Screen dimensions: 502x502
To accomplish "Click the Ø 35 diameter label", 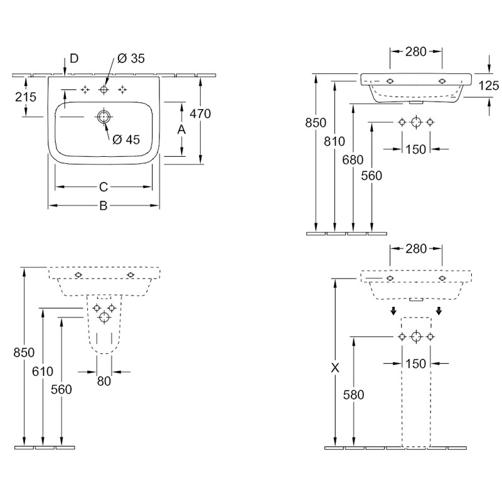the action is tap(131, 58).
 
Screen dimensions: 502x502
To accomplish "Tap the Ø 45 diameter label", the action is tap(126, 139).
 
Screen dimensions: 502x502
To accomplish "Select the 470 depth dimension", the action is tap(200, 114).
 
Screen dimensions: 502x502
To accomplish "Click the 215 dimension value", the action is tap(26, 97).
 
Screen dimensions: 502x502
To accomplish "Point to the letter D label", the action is tap(74, 58).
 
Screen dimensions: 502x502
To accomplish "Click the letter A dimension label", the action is tap(181, 130).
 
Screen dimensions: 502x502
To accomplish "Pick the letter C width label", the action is tap(104, 187).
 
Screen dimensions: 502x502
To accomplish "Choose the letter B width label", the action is tap(104, 206).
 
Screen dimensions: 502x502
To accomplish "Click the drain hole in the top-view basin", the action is tap(103, 117).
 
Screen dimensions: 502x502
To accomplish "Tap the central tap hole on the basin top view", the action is tap(104, 90).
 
